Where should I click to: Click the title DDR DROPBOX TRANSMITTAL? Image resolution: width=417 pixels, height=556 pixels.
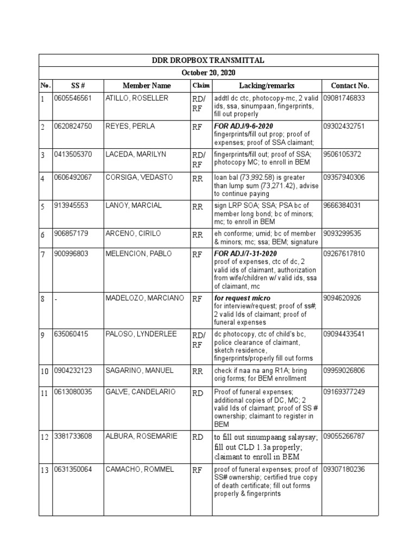(208, 60)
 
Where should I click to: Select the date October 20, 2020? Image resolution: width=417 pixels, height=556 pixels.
(208, 73)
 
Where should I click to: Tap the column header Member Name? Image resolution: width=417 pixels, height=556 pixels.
(146, 86)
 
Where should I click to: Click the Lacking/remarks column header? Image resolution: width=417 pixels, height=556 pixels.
(267, 86)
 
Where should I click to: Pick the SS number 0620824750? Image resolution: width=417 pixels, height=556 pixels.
(73, 127)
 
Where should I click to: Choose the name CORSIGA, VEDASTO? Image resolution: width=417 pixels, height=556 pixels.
(138, 178)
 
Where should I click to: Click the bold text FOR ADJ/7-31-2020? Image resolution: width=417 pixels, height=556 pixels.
(245, 254)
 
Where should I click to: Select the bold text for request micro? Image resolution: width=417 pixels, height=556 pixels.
(242, 298)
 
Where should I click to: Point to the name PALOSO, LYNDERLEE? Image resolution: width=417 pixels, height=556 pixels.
(141, 334)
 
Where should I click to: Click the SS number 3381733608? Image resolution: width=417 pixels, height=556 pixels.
(73, 436)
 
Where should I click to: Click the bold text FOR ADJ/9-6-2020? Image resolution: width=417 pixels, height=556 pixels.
(243, 126)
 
